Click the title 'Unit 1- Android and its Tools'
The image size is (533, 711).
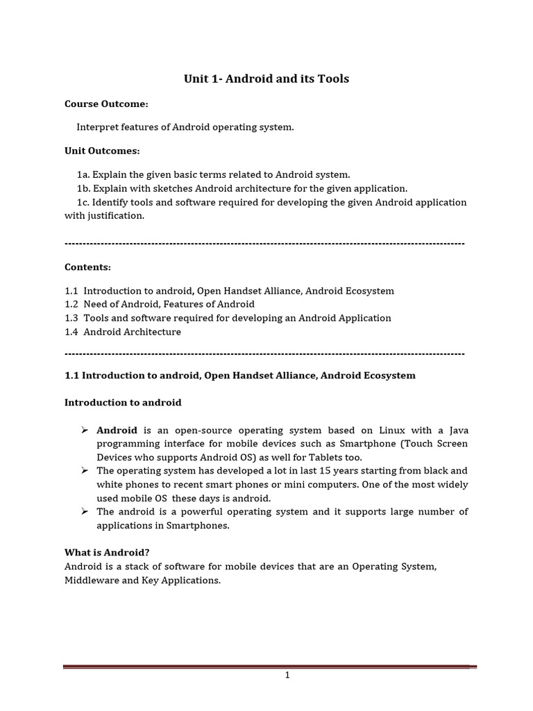tap(266, 79)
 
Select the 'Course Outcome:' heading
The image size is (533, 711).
tap(106, 103)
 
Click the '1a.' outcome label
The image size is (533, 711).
tap(83, 174)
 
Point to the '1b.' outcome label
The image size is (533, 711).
tap(84, 188)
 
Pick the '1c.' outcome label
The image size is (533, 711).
tap(83, 202)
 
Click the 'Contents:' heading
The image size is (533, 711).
tap(87, 267)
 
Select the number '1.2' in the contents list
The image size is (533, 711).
tap(71, 304)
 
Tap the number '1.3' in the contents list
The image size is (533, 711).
tap(71, 318)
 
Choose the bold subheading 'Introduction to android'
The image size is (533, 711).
tap(123, 403)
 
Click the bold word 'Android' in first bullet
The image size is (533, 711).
tap(117, 430)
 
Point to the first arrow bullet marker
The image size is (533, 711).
tap(85, 430)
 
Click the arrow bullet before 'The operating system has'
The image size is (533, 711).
tap(85, 471)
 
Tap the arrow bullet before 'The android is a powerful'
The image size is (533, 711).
tap(85, 512)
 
